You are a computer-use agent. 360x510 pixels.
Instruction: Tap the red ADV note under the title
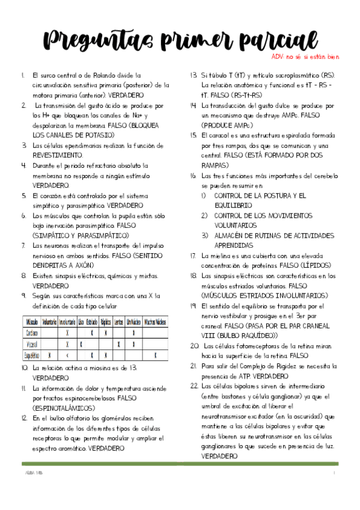(x=305, y=57)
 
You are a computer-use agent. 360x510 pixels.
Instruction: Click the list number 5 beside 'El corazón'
(x=23, y=195)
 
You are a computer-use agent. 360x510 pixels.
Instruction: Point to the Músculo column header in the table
(x=31, y=321)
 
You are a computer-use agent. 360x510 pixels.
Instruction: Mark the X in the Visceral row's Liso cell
(x=81, y=344)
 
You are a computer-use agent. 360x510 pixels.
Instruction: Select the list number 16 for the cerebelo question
(x=194, y=176)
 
